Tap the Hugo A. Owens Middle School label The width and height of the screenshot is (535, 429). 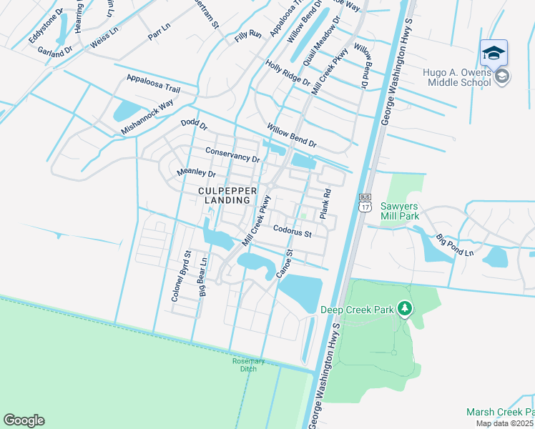pos(456,77)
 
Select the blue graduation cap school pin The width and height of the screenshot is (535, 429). pos(494,54)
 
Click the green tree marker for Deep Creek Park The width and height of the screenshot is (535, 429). pos(405,308)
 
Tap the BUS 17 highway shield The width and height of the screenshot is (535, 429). pos(365,203)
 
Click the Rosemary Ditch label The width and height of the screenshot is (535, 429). pos(248,365)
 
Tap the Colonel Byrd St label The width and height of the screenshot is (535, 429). pos(180,275)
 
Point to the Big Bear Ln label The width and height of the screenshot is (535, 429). pos(202,277)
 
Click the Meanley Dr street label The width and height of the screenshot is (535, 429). pos(196,173)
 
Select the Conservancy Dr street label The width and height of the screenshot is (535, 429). pos(232,154)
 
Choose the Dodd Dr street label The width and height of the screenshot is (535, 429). pos(193,125)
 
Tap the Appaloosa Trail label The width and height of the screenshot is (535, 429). pos(152,83)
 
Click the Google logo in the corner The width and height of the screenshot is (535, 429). pos(24,420)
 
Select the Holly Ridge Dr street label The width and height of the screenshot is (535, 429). pos(288,74)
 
